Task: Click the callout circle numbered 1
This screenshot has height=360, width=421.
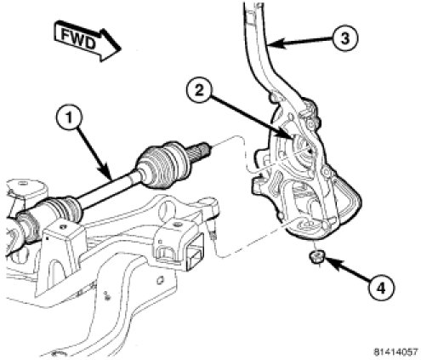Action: [x=69, y=118]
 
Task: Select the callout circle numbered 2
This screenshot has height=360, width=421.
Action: [x=199, y=91]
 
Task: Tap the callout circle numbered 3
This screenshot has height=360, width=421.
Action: [x=344, y=38]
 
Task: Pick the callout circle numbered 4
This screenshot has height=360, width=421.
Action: [x=381, y=289]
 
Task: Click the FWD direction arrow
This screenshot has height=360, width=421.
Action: [x=87, y=41]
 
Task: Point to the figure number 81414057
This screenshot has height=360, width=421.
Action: [x=395, y=351]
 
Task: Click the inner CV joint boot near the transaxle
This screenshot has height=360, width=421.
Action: [x=64, y=208]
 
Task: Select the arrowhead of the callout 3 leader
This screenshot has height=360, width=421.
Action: [x=275, y=44]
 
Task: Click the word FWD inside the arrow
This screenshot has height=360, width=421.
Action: [x=78, y=39]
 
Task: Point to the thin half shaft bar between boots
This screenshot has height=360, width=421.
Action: [x=109, y=186]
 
